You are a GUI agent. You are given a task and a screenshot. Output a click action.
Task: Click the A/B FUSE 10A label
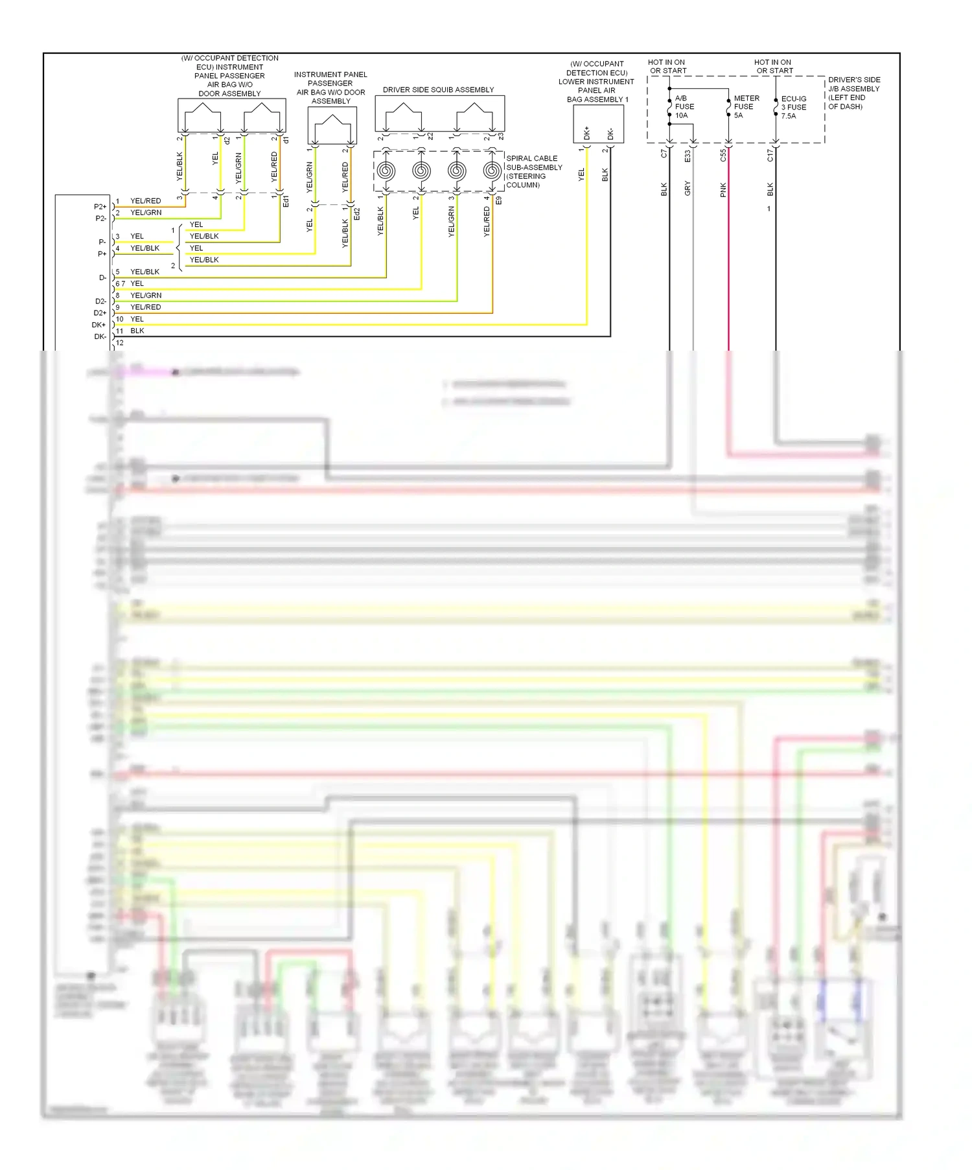[x=684, y=107]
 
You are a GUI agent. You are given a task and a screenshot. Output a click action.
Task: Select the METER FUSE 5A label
[x=746, y=107]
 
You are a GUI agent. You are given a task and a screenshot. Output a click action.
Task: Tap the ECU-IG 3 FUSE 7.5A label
[x=793, y=108]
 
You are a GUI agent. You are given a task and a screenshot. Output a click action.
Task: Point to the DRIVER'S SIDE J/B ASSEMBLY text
[x=853, y=93]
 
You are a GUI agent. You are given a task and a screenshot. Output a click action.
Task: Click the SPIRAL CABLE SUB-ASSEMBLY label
[x=533, y=172]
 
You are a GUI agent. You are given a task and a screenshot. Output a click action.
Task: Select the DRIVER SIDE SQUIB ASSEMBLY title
[x=438, y=90]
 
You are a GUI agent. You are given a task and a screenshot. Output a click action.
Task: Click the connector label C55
[x=723, y=156]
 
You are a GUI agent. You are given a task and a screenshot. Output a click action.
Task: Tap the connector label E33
[x=688, y=156]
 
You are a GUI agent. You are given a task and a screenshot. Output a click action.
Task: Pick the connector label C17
[x=770, y=156]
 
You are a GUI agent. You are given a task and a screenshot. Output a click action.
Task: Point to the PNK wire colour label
[x=723, y=190]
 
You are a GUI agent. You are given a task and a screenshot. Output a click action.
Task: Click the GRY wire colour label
[x=688, y=189]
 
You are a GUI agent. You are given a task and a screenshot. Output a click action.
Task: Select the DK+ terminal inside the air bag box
[x=587, y=132]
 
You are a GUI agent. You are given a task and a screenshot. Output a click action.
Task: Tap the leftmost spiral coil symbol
[x=386, y=172]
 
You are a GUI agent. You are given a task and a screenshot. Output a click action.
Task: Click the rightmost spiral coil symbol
[x=492, y=172]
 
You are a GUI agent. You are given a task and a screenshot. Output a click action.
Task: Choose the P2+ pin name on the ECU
[x=100, y=207]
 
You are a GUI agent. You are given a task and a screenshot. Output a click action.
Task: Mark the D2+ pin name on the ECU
[x=100, y=313]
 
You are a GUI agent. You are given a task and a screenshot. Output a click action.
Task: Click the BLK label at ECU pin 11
[x=137, y=331]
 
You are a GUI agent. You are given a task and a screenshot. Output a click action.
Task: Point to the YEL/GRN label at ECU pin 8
[x=146, y=296]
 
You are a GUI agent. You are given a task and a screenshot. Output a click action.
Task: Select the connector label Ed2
[x=357, y=214]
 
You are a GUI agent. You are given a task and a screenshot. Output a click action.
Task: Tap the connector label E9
[x=498, y=201]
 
